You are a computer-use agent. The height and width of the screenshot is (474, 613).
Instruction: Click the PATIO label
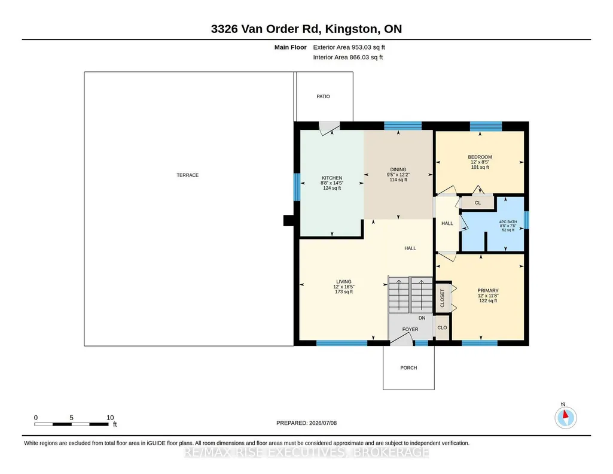point(323,96)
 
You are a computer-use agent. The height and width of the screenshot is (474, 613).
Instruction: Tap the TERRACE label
point(188,175)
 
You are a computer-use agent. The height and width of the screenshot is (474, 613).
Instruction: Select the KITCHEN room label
point(332,178)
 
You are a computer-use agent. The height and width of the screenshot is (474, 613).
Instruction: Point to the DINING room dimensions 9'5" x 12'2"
point(398,175)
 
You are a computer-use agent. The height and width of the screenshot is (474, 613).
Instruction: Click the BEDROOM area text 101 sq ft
point(480,167)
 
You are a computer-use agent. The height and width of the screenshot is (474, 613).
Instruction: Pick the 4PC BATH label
point(508,222)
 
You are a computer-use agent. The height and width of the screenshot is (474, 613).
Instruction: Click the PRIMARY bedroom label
point(488,291)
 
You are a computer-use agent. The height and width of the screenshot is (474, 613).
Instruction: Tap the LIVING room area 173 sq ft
point(344,291)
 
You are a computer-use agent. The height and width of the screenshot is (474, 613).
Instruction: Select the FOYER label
point(410,329)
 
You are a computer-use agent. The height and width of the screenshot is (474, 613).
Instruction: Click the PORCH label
point(408,367)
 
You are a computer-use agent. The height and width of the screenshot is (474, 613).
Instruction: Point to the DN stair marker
point(422,318)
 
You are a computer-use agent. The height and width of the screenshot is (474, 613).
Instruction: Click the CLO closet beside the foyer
point(442,328)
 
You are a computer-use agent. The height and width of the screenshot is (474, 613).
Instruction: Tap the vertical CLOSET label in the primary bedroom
point(443,298)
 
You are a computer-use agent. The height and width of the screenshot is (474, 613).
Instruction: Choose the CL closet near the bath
point(478,203)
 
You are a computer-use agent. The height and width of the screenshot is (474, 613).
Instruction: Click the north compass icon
point(565,417)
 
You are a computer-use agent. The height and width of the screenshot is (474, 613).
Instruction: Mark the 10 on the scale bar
point(110,418)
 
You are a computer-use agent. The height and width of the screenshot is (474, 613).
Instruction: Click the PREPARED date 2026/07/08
point(323,423)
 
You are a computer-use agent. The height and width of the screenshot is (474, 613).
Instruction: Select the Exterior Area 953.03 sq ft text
point(349,47)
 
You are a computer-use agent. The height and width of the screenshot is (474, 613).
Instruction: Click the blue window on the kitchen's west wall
point(297,187)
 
